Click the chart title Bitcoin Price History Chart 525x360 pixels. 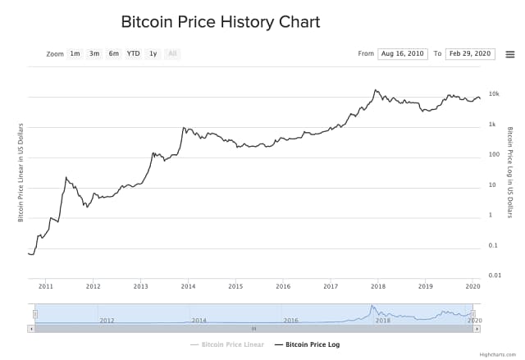pos(220,22)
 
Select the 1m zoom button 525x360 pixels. pos(75,54)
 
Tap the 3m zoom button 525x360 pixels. pos(94,54)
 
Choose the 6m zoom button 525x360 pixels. pos(113,54)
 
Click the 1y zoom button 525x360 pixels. pos(153,54)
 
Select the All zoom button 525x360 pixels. pos(172,54)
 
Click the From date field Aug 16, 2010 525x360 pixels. pos(403,54)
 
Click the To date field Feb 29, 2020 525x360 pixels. pos(470,54)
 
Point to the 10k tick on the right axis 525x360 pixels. pos(494,94)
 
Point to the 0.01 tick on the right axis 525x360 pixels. pos(494,276)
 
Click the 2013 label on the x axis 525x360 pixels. pos(141,286)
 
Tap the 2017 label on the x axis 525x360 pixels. pos(331,286)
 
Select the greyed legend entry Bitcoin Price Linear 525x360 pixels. pos(232,344)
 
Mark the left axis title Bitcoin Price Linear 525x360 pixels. pos(21,172)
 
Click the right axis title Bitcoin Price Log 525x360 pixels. pos(510,172)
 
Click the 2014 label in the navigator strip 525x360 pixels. pos(199,321)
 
